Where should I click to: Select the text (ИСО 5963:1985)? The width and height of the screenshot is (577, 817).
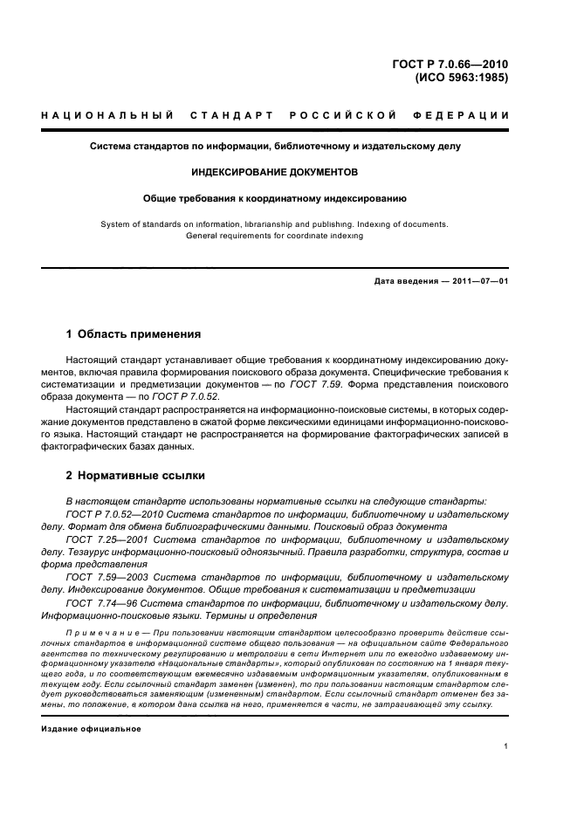click(x=462, y=77)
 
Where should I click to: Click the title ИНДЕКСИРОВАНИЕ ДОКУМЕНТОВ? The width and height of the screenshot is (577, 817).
click(x=275, y=172)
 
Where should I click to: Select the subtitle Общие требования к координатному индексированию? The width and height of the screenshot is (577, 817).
click(x=275, y=198)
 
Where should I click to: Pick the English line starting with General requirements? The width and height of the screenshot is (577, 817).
click(x=275, y=236)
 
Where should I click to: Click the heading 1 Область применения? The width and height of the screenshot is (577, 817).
click(x=134, y=334)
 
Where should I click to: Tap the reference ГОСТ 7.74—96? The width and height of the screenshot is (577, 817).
click(x=99, y=603)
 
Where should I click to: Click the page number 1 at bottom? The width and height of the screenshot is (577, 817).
click(x=506, y=746)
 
